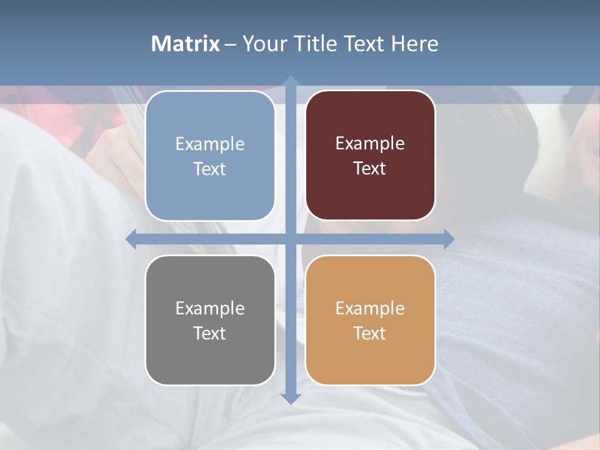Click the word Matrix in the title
coord(186,44)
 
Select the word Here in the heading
coord(415,44)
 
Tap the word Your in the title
coord(263,44)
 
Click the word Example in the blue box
coord(210,144)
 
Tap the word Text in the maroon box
coord(370,169)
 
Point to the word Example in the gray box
coord(210,308)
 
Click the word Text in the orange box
coord(370,333)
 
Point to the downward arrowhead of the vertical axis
coord(290,398)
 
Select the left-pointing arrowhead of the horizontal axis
coord(131,239)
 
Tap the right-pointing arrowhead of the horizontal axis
coord(449,239)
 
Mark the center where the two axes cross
coord(290,239)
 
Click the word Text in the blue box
coord(210,169)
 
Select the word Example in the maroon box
coord(370,143)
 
